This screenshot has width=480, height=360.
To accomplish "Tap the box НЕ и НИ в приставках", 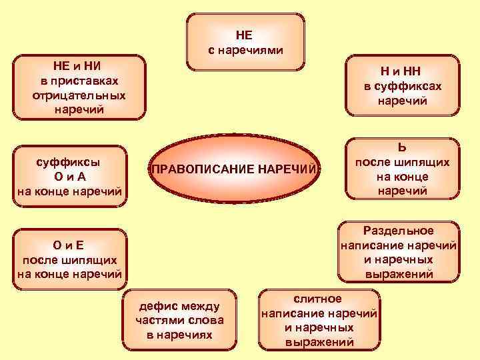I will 79,87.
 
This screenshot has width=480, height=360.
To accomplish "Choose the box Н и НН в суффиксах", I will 403,86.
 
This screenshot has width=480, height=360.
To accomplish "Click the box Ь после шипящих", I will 402,169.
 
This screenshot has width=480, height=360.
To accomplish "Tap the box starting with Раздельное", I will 398,252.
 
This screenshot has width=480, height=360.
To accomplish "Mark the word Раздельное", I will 399,231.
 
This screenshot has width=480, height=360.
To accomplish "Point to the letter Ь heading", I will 402,147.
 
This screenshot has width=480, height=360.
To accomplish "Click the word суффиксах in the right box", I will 403,87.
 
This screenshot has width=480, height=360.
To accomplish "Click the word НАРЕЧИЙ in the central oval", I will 286,169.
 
